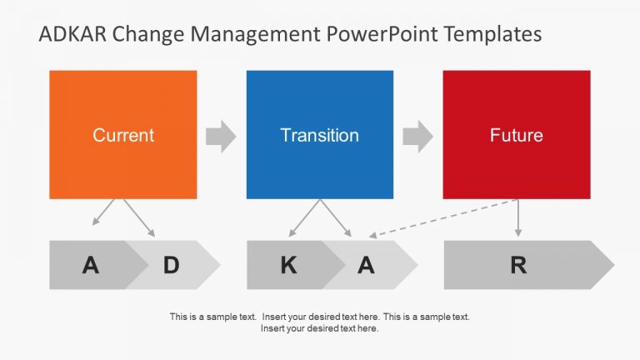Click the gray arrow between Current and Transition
221,136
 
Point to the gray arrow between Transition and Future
417,136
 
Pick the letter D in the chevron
171,266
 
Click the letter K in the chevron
288,266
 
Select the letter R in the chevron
518,266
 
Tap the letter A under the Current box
91,266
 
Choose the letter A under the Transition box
367,266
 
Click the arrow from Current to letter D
139,217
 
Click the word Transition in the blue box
320,136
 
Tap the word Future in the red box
517,136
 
